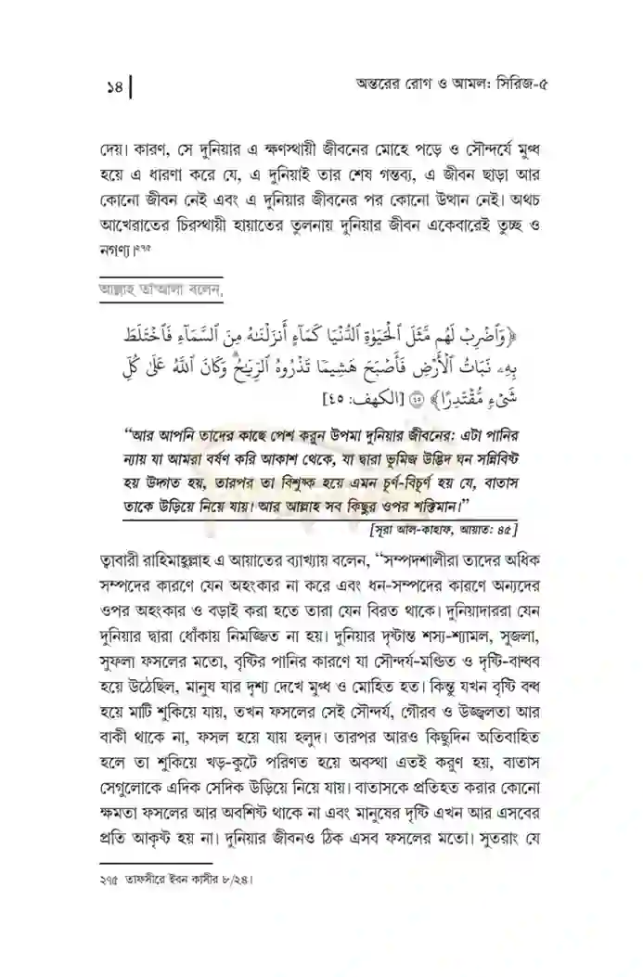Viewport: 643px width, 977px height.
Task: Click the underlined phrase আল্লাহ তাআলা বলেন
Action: [x=170, y=291]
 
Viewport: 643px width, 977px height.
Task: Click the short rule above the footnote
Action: [x=154, y=862]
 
